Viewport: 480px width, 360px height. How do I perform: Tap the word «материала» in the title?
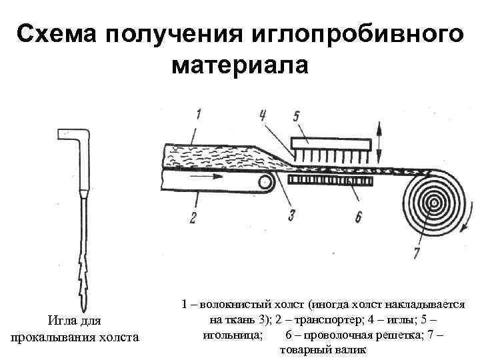[240, 67]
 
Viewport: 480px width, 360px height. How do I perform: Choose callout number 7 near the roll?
[417, 253]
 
